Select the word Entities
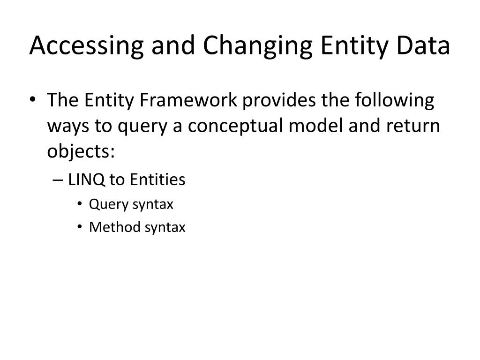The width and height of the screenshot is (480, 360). click(157, 180)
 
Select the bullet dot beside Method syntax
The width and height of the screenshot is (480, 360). click(81, 228)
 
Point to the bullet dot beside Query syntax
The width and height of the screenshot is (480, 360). click(81, 204)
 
